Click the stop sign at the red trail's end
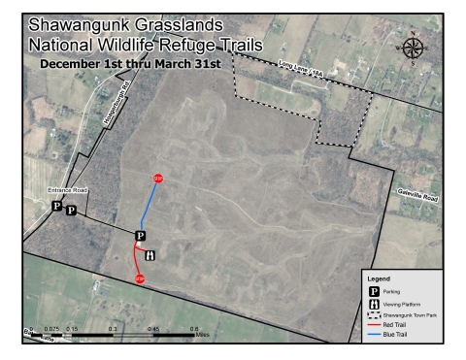140,279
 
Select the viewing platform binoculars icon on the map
150,255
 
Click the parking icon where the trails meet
140,236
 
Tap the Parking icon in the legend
374,290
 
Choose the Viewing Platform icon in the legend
374,304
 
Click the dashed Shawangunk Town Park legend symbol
374,315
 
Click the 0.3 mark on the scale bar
114,330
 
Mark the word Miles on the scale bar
202,336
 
